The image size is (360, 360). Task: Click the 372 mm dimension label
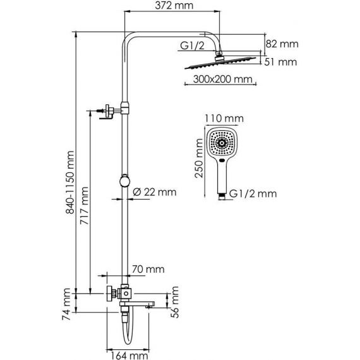coord(174,6)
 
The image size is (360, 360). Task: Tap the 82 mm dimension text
coord(282,44)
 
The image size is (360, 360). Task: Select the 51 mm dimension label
coord(280,62)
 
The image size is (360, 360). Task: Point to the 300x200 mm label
coord(222,79)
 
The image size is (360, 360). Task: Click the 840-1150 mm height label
coord(70,183)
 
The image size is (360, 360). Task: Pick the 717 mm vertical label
coord(84,206)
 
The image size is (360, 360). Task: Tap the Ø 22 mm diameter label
coord(155,192)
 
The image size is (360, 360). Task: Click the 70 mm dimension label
coord(148,269)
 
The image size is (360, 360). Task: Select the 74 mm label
coord(66,304)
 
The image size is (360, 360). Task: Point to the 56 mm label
coord(175,302)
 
